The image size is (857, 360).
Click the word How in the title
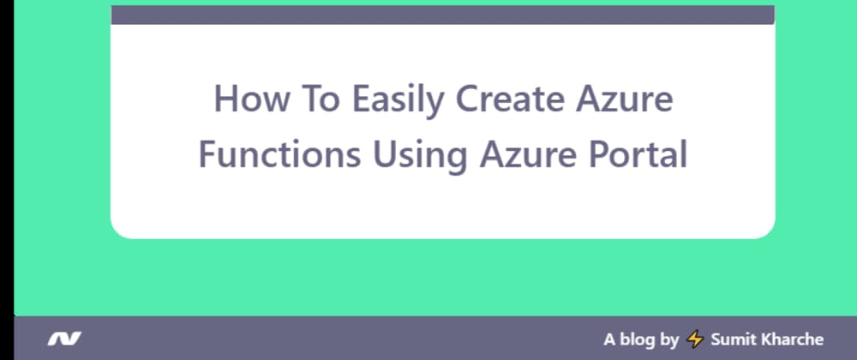(x=250, y=99)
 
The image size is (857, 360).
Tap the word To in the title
(x=321, y=99)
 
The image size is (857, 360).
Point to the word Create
(x=508, y=99)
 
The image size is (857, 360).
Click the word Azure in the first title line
(x=624, y=99)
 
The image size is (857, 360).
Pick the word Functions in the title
(x=279, y=154)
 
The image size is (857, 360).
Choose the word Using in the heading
(x=420, y=157)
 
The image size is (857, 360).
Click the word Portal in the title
(x=638, y=154)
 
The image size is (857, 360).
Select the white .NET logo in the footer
(x=64, y=339)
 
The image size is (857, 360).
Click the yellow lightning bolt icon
(x=695, y=339)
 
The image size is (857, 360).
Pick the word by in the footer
(x=669, y=340)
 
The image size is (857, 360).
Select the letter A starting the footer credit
(x=609, y=339)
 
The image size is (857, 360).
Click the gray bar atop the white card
(x=443, y=15)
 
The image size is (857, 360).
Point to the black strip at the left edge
(x=7, y=180)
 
